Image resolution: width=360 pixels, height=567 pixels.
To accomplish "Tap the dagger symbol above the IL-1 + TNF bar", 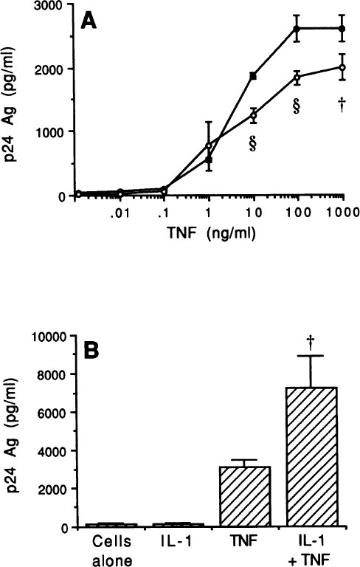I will click(311, 340).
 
